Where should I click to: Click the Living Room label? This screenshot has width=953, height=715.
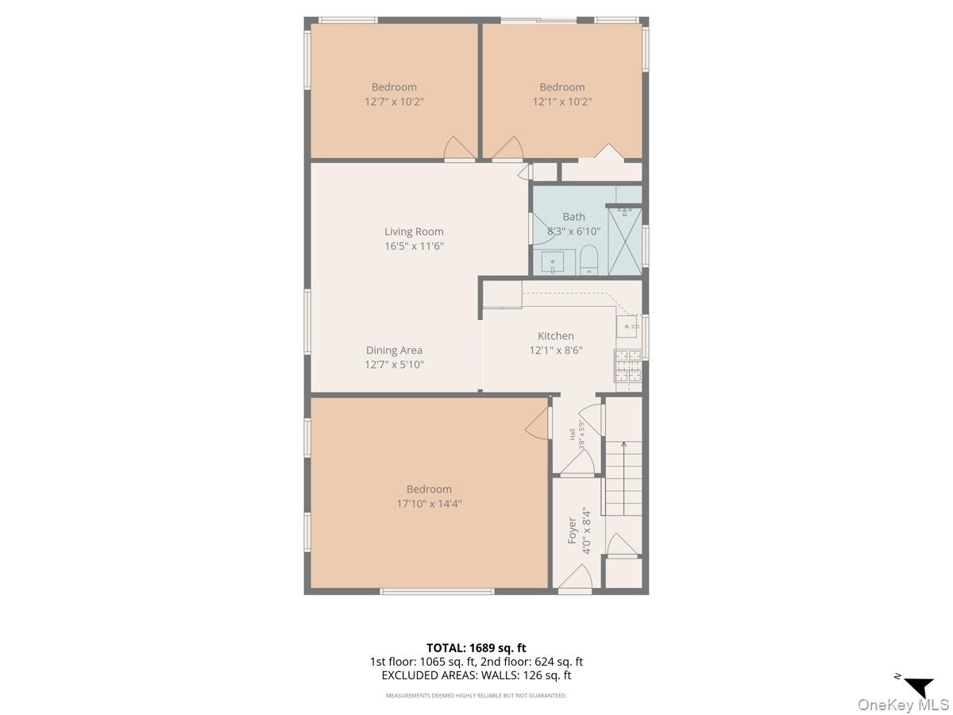tap(414, 232)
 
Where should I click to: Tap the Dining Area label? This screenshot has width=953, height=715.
tap(394, 350)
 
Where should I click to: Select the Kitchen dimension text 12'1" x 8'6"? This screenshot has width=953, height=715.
tap(556, 350)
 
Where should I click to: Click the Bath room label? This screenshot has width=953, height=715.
tap(573, 217)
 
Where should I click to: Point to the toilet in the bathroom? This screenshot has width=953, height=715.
tap(588, 260)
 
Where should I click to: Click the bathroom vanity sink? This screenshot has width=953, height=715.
tap(553, 262)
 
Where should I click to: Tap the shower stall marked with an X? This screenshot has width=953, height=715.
tap(624, 242)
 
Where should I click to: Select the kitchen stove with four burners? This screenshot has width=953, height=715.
tap(627, 366)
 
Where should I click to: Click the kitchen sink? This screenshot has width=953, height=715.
tap(629, 327)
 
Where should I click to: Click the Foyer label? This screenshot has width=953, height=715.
tap(572, 530)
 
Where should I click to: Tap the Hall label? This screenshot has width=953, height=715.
tap(572, 435)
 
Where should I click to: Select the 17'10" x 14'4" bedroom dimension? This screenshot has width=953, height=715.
tap(429, 504)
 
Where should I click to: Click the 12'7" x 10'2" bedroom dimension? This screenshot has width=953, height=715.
tap(394, 102)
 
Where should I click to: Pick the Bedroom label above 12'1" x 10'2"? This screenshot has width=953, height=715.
tap(561, 87)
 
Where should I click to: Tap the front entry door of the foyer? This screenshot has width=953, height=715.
tap(574, 580)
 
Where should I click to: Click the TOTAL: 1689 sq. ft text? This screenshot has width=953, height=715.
tap(476, 647)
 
